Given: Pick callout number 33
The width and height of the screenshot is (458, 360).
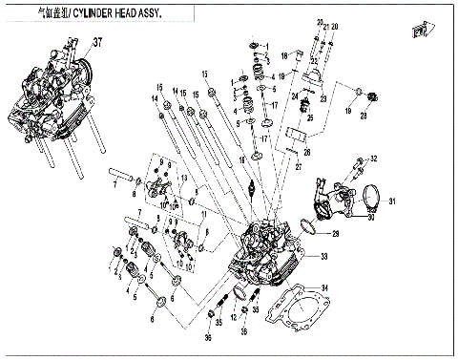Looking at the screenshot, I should (x=324, y=255).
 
